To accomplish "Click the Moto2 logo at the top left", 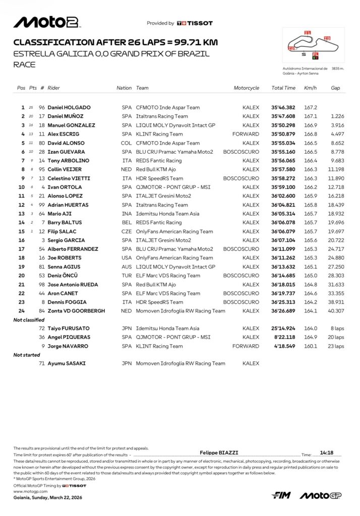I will coord(46,22).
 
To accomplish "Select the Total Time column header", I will coord(283,88).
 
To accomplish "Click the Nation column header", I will coord(124,88).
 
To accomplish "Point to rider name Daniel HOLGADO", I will coord(69,107).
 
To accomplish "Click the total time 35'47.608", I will coord(283,116).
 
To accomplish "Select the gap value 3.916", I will coord(337,125).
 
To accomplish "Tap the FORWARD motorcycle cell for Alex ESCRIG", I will coord(246,134).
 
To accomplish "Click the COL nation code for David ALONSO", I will coord(127,143).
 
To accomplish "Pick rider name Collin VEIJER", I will coord(65,169).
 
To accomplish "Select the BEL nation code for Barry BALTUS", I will coord(127,222).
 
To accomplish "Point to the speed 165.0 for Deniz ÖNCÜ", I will coord(311,276).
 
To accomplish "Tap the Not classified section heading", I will coord(29,320).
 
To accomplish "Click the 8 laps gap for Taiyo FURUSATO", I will coord(336,329).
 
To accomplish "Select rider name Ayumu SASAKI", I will coord(67,363).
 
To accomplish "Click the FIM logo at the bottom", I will coord(281,496).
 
